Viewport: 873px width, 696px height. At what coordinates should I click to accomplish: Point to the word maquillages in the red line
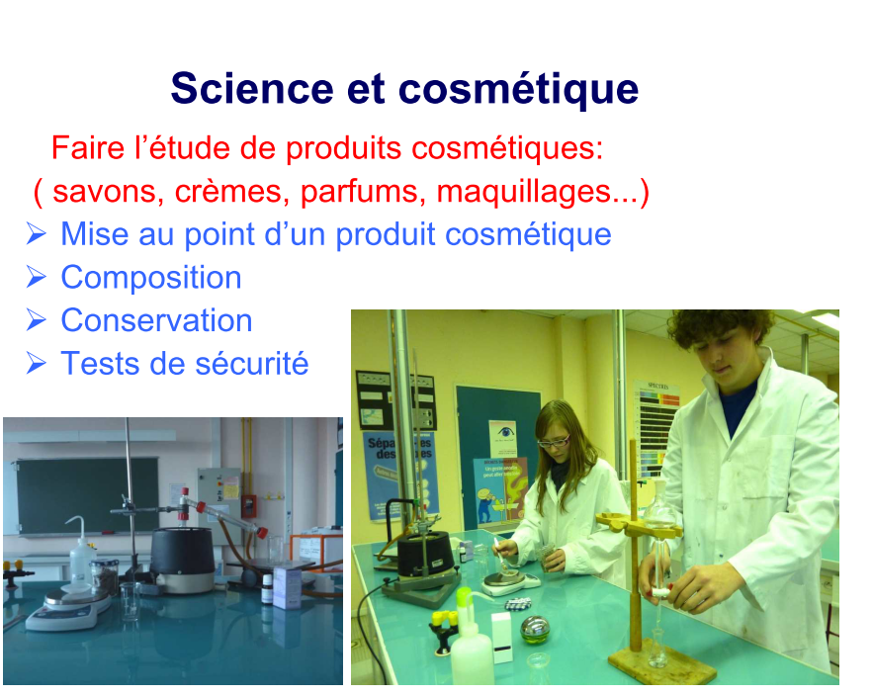coord(524,193)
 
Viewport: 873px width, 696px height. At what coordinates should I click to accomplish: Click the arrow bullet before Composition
coord(37,277)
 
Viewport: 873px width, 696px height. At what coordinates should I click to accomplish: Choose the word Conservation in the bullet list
coord(156,320)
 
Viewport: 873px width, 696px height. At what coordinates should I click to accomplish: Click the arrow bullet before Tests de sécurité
coord(37,363)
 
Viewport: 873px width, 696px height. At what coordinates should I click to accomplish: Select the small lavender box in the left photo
coord(288,587)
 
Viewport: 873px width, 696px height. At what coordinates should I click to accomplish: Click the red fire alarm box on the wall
coord(248,506)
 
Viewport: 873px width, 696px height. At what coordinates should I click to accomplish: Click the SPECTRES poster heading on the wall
coord(657,386)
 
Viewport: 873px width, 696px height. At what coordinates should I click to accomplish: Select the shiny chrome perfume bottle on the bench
coord(535,629)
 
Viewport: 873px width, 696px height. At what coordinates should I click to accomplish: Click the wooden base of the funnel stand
coord(662,666)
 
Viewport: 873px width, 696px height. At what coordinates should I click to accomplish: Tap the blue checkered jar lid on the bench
coord(519,604)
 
